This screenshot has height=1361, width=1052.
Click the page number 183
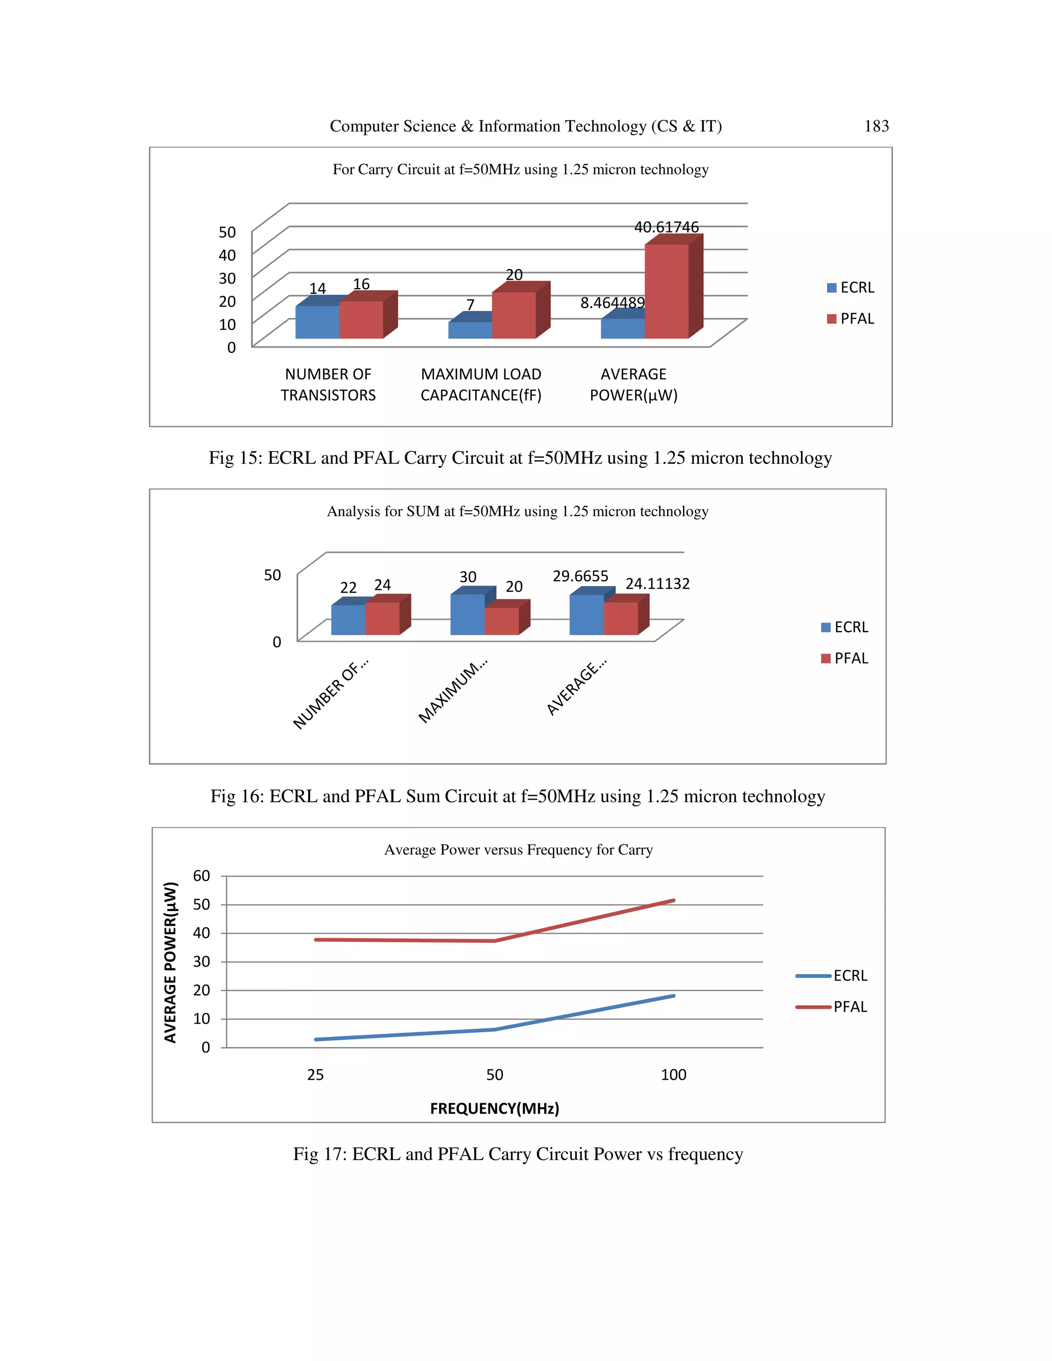876,126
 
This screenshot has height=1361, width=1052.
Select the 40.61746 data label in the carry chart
666,228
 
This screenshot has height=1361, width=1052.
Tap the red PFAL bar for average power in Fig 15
666,291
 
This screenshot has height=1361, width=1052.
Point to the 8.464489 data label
612,303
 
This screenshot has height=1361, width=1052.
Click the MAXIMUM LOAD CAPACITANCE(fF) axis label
480,385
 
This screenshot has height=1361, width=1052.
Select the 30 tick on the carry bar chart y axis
227,278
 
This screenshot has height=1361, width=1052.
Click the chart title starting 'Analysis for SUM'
517,512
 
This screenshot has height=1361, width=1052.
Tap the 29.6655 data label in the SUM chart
580,576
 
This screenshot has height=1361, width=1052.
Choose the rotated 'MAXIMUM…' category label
453,691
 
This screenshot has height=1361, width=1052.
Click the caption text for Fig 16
517,797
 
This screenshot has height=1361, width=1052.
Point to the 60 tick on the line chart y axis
201,876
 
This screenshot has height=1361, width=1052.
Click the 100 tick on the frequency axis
673,1075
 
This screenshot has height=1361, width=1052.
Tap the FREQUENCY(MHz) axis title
494,1109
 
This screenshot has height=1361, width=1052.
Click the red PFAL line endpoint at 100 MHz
673,900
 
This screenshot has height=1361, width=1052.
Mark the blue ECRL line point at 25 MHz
316,1039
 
